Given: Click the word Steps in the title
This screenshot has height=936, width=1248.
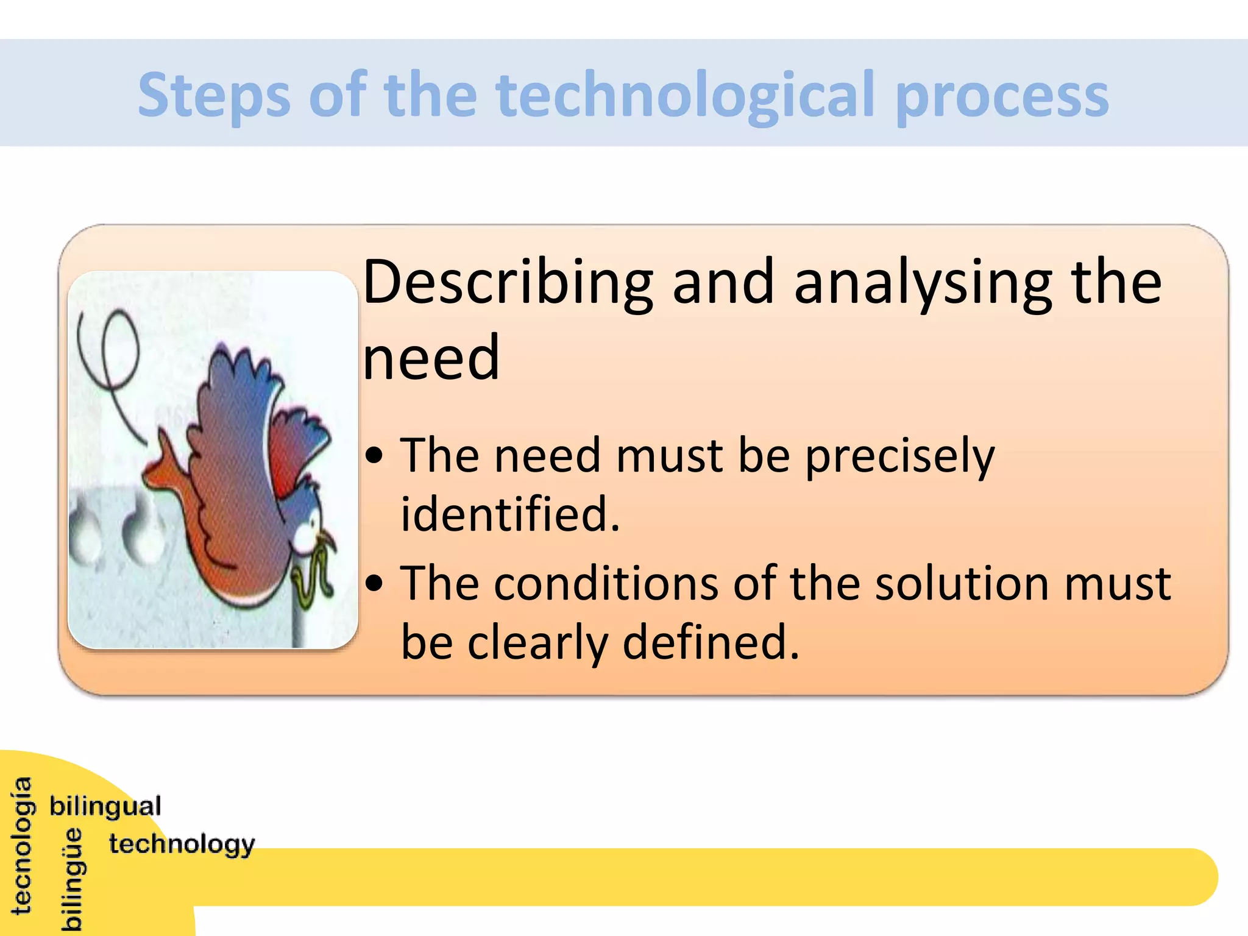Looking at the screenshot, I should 213,95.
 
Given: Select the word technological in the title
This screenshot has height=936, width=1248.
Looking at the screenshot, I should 686,95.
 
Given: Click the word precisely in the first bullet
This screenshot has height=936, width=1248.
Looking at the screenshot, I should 899,456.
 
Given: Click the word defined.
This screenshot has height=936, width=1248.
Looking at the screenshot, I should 711,642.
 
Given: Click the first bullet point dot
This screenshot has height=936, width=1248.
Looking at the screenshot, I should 375,456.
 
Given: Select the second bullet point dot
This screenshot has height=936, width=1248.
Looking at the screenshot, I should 375,584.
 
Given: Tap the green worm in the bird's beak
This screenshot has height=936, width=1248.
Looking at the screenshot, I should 314,576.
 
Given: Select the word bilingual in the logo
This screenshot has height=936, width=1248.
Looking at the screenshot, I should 105,806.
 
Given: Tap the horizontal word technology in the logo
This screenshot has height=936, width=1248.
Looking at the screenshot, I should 182,845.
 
